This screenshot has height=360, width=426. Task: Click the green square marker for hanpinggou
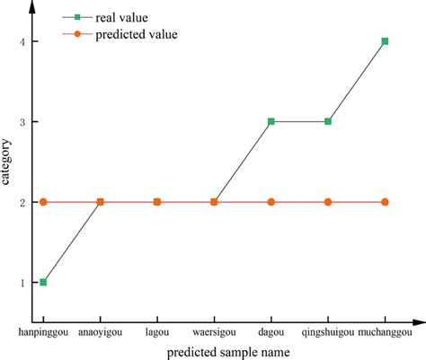pos(43,282)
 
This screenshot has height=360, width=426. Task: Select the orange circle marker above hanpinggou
pos(43,202)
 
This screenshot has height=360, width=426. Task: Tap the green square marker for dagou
pos(271,121)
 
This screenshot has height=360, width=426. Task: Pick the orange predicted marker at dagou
pos(271,202)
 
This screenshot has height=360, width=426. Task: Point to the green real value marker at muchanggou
pos(385,41)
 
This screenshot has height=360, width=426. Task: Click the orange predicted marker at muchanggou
pos(385,202)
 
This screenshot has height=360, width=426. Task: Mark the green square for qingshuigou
pos(328,121)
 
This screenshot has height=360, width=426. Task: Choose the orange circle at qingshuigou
pos(328,202)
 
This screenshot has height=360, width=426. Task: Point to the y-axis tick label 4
pos(23,41)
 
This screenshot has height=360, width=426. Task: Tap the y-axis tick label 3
pos(23,121)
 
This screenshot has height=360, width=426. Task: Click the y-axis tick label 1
pos(23,282)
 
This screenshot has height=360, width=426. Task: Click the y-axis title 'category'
pos(7,162)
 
